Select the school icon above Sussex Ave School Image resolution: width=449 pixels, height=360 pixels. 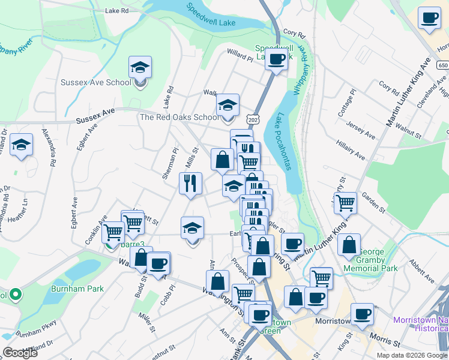(x=140, y=67)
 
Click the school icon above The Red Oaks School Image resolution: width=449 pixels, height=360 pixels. (x=228, y=105)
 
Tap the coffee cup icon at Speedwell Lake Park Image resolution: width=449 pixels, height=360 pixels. (x=276, y=59)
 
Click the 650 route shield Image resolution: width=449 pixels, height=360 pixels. (x=443, y=65)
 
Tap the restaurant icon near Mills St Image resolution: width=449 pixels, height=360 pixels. (x=190, y=183)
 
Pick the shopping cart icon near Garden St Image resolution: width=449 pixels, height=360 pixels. (x=345, y=203)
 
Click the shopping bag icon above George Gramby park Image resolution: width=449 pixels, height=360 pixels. (x=349, y=245)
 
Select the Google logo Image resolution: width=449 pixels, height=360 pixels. (x=20, y=353)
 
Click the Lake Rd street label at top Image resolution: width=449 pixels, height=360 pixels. (x=116, y=11)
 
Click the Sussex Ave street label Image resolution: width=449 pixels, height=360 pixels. (x=95, y=116)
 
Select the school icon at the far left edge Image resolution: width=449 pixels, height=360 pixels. (x=21, y=145)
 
